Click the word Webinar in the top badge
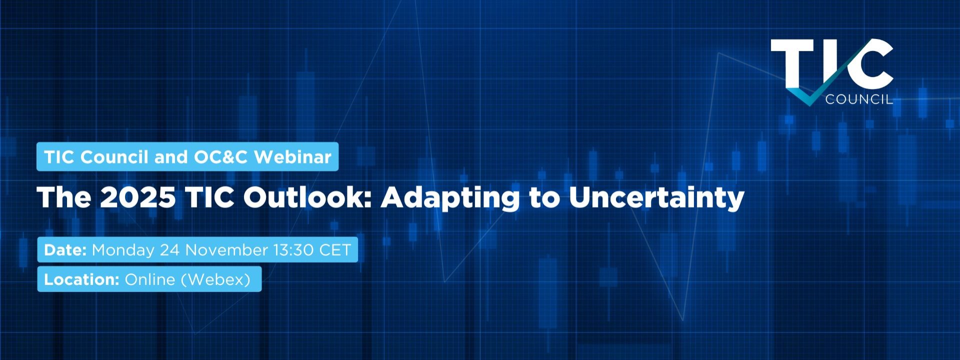(292, 157)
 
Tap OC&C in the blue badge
(220, 157)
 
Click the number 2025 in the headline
(138, 197)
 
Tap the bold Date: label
(65, 249)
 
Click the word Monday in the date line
(123, 250)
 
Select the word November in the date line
(226, 249)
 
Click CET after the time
(335, 249)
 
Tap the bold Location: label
(81, 279)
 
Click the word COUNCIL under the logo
(859, 99)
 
